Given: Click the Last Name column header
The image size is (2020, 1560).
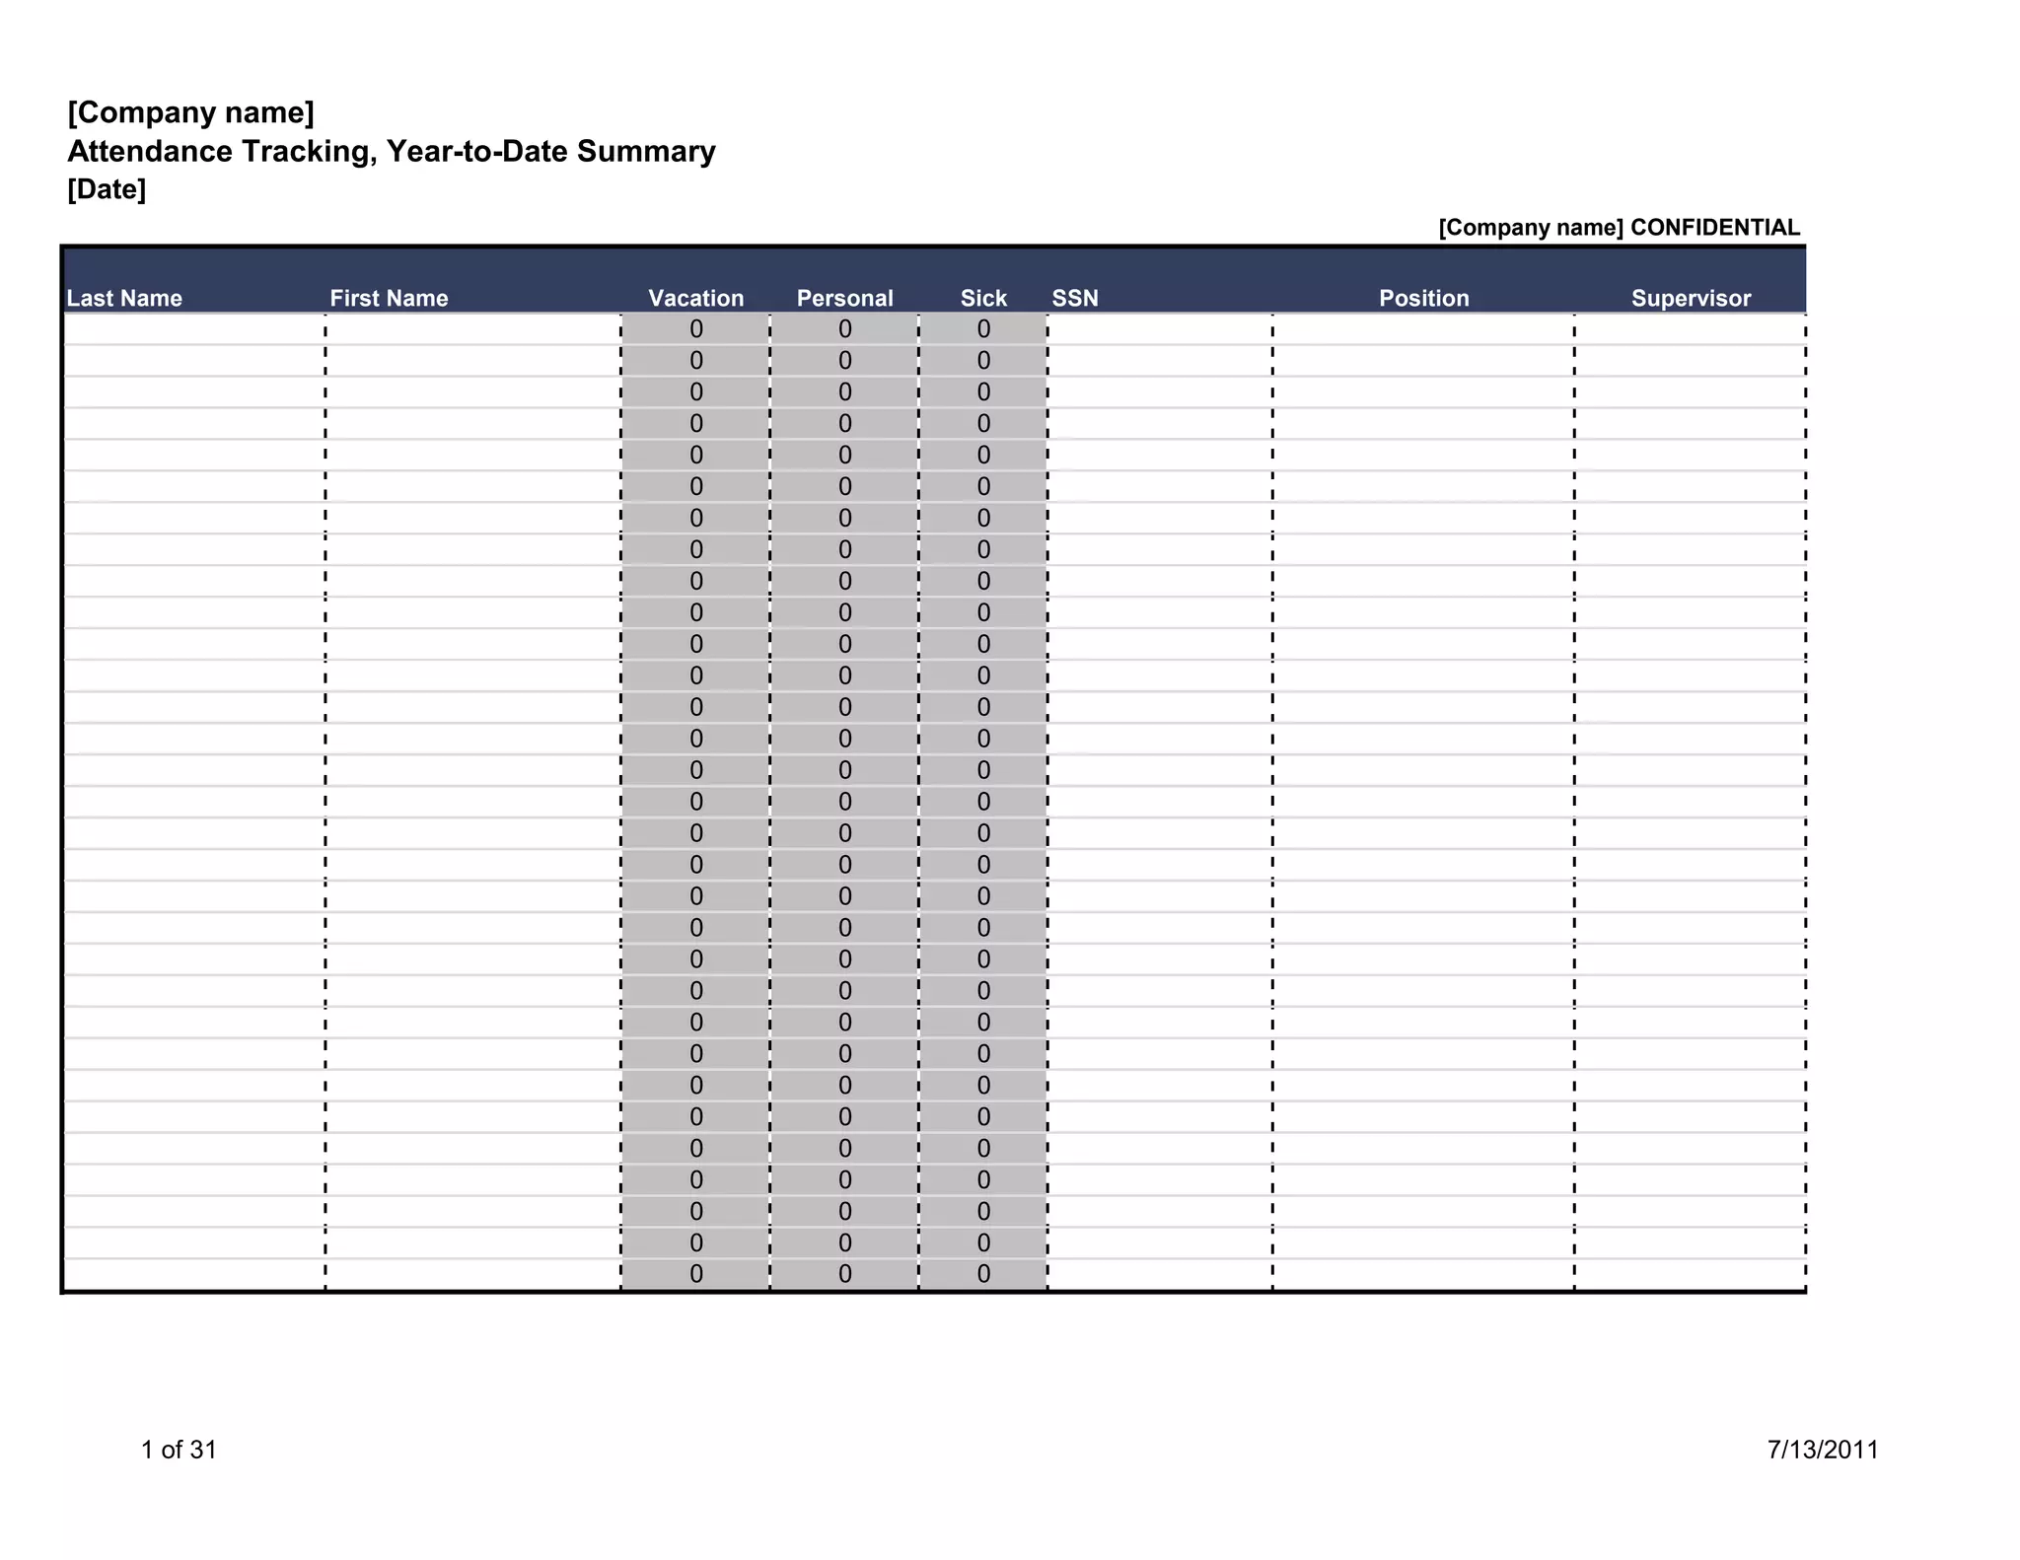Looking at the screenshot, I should click(x=124, y=298).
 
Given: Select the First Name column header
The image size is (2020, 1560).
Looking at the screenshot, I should click(x=389, y=298).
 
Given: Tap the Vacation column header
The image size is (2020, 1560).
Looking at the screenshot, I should click(x=695, y=298).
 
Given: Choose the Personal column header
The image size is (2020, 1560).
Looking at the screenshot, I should click(x=844, y=298).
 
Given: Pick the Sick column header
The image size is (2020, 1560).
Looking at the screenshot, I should click(x=983, y=298).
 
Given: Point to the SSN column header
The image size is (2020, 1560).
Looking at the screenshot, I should click(x=1075, y=298).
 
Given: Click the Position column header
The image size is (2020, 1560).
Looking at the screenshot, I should click(x=1423, y=298).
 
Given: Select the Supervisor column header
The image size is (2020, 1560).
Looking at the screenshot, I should click(x=1691, y=298).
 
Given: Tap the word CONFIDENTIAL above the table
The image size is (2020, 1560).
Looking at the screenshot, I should click(x=1715, y=228).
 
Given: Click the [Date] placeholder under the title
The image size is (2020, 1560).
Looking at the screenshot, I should click(x=107, y=189).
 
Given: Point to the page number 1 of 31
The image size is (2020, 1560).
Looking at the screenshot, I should click(x=179, y=1449).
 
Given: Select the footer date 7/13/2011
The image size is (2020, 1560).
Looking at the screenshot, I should click(x=1823, y=1449).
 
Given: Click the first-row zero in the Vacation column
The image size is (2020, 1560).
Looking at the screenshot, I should click(x=696, y=329).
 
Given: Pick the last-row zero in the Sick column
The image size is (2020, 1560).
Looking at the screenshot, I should click(x=983, y=1274).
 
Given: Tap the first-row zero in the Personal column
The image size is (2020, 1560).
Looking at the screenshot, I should click(x=845, y=329).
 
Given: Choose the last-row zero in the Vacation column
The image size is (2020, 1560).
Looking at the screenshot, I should click(x=696, y=1274).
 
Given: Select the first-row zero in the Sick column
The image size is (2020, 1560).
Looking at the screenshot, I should click(x=983, y=329).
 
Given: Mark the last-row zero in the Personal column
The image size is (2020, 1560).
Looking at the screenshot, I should click(x=845, y=1274).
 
